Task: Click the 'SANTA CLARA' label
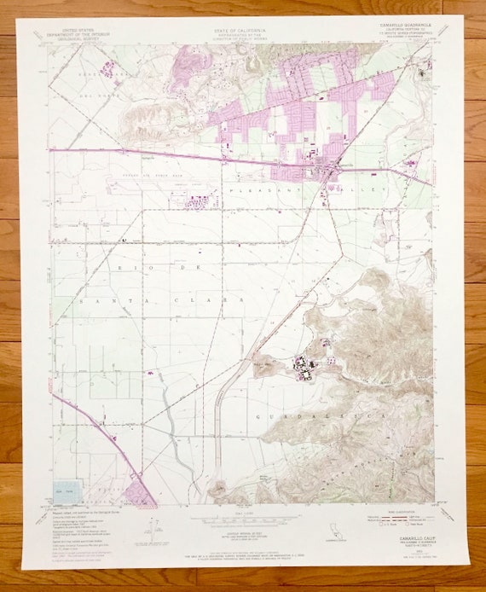click(x=162, y=301)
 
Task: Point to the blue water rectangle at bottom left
click(x=67, y=492)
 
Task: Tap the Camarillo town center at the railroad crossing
click(x=329, y=171)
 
